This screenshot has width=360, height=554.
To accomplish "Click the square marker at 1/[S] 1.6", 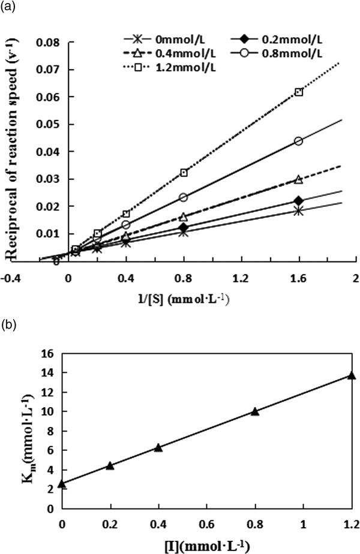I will (x=299, y=92).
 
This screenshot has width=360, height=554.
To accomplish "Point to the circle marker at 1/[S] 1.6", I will (x=299, y=141).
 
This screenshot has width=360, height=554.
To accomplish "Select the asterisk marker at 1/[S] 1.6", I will (x=299, y=210).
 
